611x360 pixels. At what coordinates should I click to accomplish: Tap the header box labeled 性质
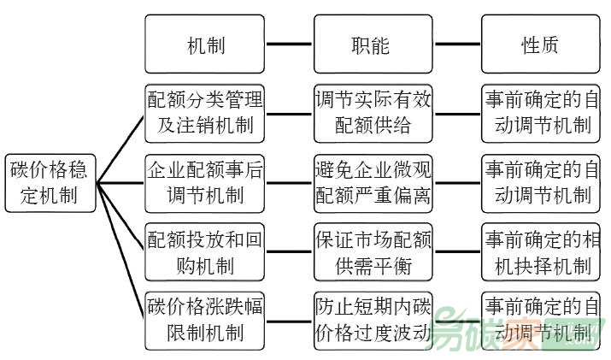[541, 44]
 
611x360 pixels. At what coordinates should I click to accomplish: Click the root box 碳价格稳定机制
[50, 181]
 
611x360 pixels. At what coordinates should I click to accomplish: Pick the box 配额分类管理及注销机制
[204, 112]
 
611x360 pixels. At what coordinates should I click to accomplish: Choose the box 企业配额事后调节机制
[204, 182]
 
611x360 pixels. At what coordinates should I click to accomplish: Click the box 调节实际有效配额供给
[373, 112]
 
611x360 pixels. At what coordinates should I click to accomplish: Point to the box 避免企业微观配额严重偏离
[373, 182]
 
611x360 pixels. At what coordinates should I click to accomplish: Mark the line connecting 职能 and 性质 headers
[456, 44]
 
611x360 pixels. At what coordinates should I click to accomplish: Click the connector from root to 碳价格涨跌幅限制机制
[120, 251]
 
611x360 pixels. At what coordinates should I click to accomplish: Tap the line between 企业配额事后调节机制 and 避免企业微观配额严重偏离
[288, 182]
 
